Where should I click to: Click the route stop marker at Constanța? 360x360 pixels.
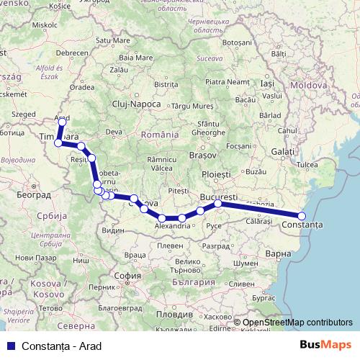click(302, 216)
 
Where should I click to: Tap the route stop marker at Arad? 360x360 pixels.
click(62, 122)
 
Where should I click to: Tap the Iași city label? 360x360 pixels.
click(268, 84)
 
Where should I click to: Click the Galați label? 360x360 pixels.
click(283, 152)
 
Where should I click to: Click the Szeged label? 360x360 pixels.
click(23, 114)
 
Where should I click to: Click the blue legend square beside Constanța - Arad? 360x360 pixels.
click(10, 346)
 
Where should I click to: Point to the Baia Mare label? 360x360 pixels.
click(136, 57)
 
